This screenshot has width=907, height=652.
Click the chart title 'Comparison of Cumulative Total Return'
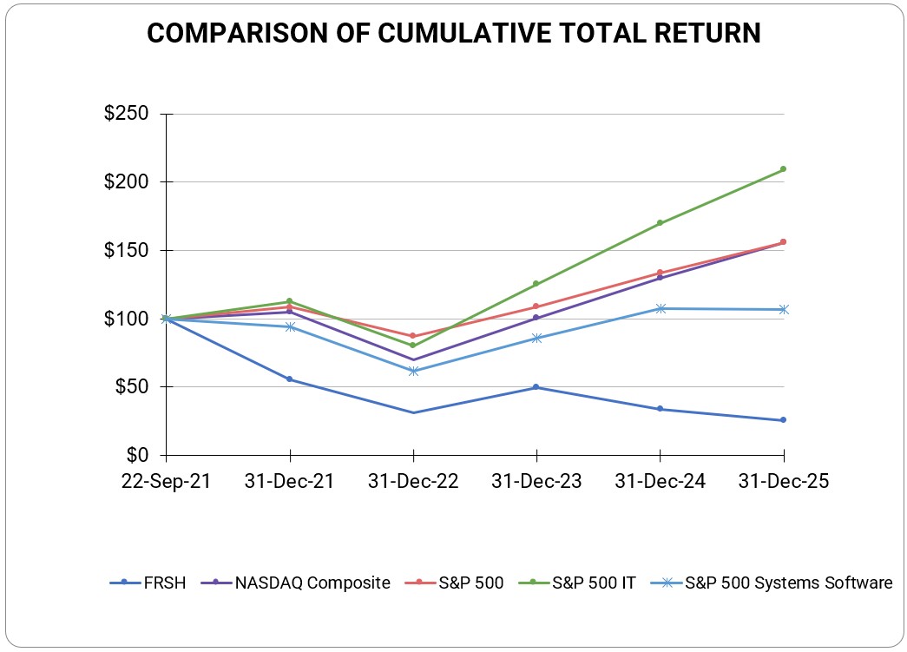453,33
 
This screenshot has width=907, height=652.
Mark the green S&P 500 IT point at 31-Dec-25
784,169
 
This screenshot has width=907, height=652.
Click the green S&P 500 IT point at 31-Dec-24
661,223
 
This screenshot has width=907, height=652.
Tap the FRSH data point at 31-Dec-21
290,379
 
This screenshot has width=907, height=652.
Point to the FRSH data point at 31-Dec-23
536,387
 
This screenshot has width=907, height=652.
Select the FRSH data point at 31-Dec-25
784,420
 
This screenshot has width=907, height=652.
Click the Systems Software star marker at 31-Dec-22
413,371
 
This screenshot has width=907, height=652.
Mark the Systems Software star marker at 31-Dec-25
784,309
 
